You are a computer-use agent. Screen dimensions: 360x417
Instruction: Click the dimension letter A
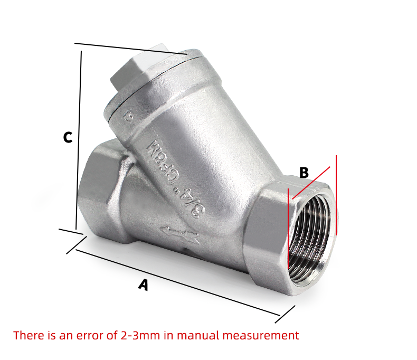pos(143,285)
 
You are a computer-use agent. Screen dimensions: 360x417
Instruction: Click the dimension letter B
pos(304,173)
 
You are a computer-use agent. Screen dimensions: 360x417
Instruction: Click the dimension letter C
pos(68,137)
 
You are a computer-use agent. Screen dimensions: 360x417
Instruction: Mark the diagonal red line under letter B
pos(311,183)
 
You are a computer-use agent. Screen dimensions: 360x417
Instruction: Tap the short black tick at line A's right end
pos(285,314)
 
